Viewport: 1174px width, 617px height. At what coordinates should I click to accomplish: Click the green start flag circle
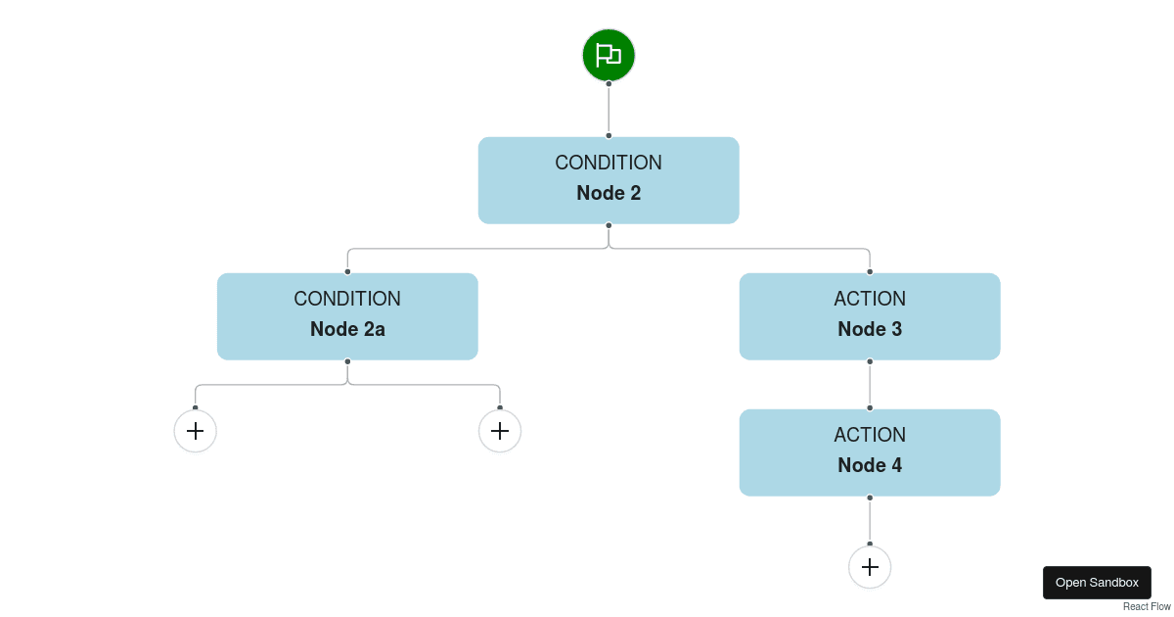click(609, 55)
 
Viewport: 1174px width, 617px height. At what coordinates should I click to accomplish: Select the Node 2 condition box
click(609, 180)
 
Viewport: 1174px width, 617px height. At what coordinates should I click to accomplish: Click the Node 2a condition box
click(347, 316)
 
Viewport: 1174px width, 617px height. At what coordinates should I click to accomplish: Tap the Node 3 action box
click(870, 316)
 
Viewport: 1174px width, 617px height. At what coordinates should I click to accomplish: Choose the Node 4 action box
click(870, 452)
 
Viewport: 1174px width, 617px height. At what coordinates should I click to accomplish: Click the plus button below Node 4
click(870, 567)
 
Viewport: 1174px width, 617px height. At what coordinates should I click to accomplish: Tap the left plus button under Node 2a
click(196, 431)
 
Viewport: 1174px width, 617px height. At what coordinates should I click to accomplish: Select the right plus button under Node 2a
click(500, 431)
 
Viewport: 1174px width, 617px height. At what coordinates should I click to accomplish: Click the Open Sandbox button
click(1097, 583)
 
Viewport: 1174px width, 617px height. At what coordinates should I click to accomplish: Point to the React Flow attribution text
click(1147, 607)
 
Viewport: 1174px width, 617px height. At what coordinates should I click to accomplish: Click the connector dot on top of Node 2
click(609, 136)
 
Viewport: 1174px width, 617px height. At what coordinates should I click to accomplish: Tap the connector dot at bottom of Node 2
click(609, 225)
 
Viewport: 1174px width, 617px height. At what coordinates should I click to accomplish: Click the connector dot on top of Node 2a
click(347, 272)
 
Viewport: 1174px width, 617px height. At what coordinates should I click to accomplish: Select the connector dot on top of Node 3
click(870, 272)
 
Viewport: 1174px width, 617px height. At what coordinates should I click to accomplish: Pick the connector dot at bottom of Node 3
click(870, 361)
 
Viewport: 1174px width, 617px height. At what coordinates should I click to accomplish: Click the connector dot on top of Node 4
click(870, 408)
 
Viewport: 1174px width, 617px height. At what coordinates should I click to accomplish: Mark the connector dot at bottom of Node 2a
click(347, 361)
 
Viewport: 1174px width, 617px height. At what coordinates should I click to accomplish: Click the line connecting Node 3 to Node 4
click(870, 385)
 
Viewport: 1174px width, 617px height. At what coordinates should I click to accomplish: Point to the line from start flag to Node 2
click(609, 110)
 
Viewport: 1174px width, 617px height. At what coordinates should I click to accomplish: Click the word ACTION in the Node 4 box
click(870, 435)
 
